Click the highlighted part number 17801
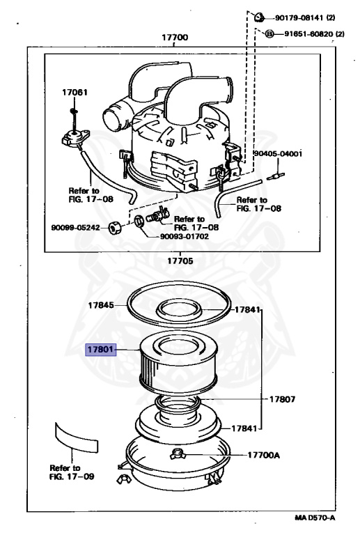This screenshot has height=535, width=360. (100, 350)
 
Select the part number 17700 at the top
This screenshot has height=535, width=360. (175, 37)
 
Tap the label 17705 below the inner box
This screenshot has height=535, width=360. (180, 261)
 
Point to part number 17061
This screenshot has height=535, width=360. (75, 92)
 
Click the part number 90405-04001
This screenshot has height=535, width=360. (278, 154)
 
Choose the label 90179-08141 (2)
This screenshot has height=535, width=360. (305, 17)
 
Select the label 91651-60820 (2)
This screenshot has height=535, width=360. (314, 34)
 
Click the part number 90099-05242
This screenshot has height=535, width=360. (75, 228)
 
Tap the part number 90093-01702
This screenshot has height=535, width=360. (185, 236)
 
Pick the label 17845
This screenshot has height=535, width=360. (101, 305)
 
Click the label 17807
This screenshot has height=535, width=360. (282, 399)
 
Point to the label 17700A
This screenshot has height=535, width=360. (263, 455)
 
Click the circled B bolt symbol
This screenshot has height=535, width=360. (269, 33)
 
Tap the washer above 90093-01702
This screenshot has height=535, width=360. (139, 222)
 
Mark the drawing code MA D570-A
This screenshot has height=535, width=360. (315, 518)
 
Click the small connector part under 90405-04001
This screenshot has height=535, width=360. (276, 176)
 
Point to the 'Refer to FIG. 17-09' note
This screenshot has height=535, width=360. (72, 472)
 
